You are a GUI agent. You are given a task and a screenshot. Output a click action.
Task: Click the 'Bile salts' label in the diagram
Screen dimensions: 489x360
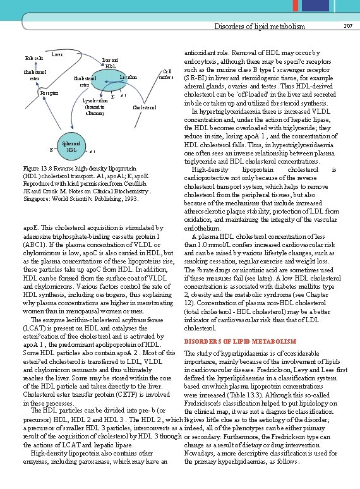pyautogui.click(x=35, y=58)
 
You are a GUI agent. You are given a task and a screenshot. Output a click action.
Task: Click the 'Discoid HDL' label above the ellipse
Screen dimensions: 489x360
pyautogui.click(x=110, y=63)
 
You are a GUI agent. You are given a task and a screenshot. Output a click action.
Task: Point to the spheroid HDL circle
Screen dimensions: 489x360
pyautogui.click(x=72, y=146)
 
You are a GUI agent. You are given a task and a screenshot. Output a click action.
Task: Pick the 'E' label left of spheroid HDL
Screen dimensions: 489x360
pyautogui.click(x=51, y=150)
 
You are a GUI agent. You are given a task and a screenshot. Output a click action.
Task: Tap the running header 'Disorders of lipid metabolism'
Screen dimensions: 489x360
pyautogui.click(x=260, y=27)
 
